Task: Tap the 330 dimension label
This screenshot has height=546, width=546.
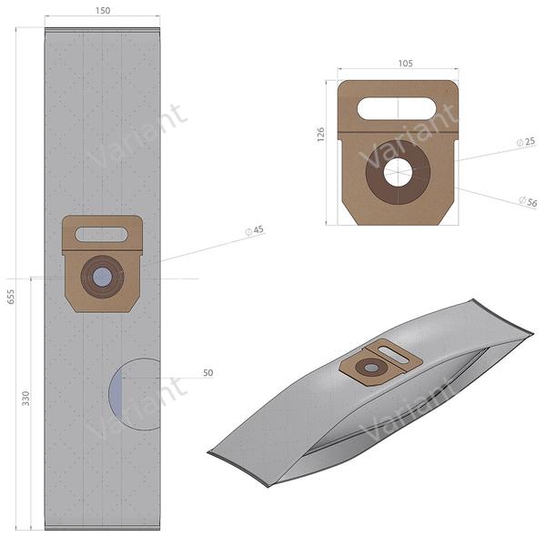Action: point(26,399)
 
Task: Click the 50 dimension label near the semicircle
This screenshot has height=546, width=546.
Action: point(207,372)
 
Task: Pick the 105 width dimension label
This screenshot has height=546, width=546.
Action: point(405,64)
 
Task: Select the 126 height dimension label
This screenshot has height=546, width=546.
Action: point(320,135)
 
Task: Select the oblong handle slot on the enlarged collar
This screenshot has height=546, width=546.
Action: point(396,108)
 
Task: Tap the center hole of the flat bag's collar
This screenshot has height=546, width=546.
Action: point(102,277)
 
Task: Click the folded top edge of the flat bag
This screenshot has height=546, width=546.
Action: point(102,33)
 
